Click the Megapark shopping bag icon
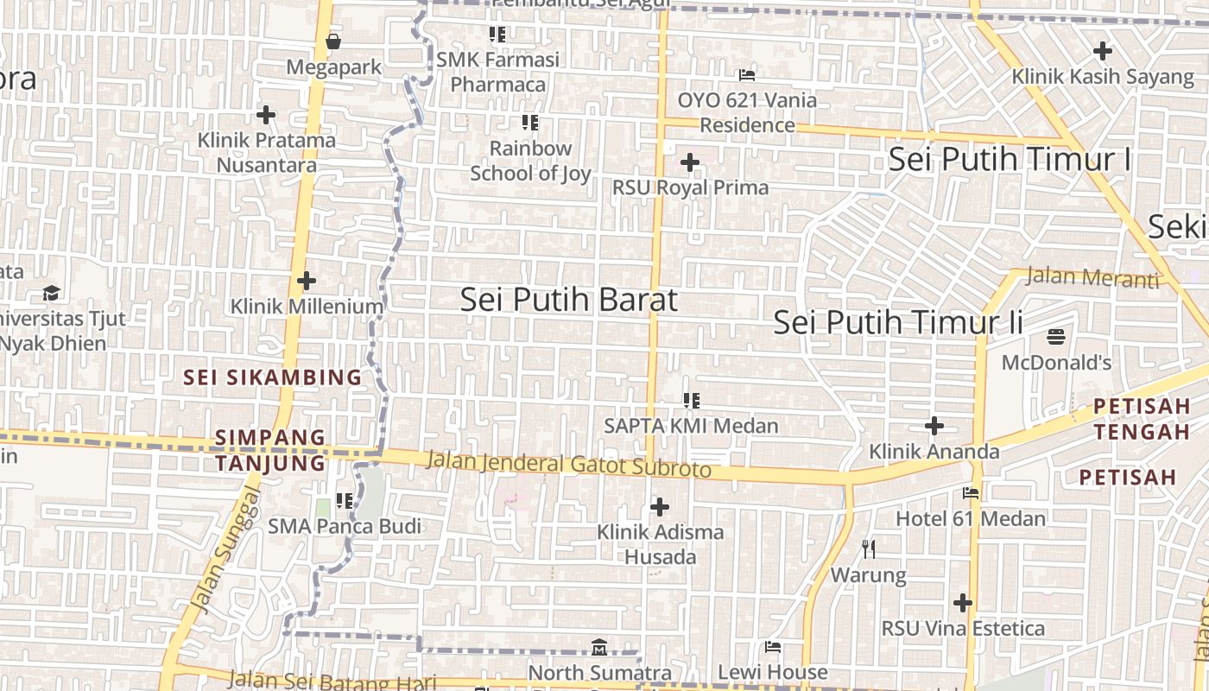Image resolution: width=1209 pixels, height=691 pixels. point(333,41)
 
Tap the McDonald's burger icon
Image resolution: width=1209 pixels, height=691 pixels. point(1056,336)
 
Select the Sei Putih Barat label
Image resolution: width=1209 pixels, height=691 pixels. point(568,300)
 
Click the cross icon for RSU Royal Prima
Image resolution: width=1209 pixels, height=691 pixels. point(690,162)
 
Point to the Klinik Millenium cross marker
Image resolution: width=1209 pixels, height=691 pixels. point(307,281)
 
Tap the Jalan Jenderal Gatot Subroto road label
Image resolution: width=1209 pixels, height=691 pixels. point(569,464)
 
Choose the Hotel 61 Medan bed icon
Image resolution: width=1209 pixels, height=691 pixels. point(971,493)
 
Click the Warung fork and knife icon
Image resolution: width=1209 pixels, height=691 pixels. point(869,548)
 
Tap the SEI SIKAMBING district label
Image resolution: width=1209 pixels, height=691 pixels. point(273,377)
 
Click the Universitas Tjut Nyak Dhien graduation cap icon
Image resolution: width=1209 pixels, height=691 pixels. point(52,293)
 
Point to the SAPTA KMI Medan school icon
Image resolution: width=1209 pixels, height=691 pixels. point(691,400)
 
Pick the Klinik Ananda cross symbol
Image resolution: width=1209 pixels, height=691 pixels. point(934,426)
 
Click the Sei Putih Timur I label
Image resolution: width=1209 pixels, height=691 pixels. point(1010,160)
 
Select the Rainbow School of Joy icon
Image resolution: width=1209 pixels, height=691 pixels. point(530,123)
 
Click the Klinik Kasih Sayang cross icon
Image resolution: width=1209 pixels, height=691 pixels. point(1103,51)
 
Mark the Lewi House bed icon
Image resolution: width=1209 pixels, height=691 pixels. point(773,647)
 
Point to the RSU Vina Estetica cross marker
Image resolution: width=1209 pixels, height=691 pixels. point(963,603)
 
